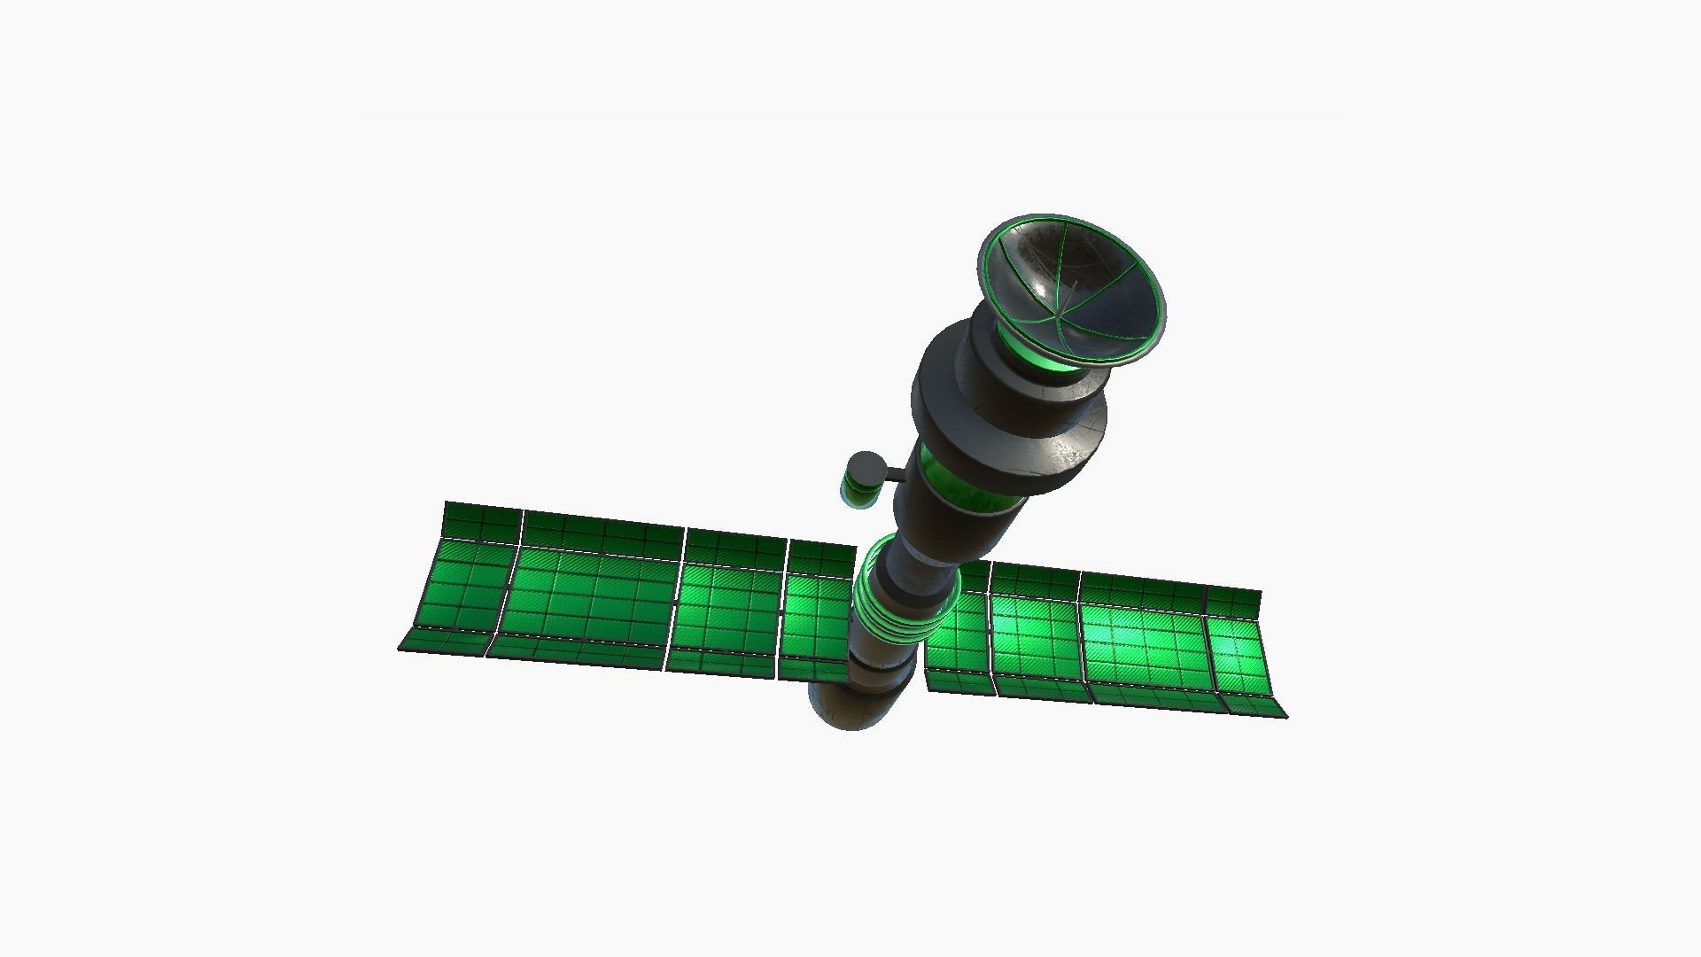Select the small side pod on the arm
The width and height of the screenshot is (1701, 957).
click(x=864, y=479)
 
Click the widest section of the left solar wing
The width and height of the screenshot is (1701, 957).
click(x=589, y=594)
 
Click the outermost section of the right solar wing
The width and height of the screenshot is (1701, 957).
click(x=1240, y=656)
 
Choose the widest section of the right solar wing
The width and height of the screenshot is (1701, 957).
click(x=1143, y=642)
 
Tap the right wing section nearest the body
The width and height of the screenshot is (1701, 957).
click(x=957, y=634)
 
